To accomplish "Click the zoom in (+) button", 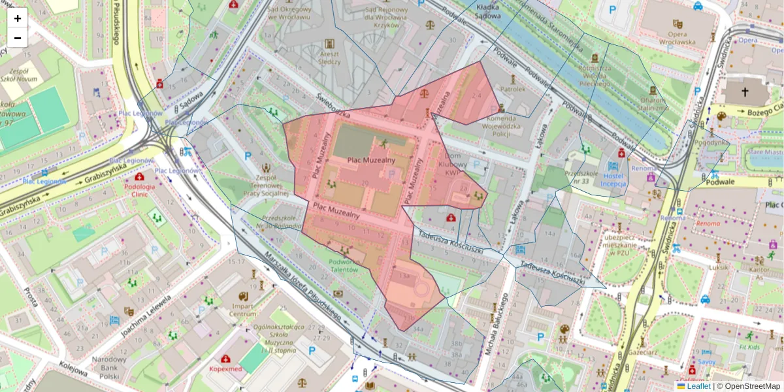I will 17,18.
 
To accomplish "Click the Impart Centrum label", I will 243,310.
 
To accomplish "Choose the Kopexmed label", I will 225,369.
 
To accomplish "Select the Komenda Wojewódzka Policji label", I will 508,124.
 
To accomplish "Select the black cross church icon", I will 745,92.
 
